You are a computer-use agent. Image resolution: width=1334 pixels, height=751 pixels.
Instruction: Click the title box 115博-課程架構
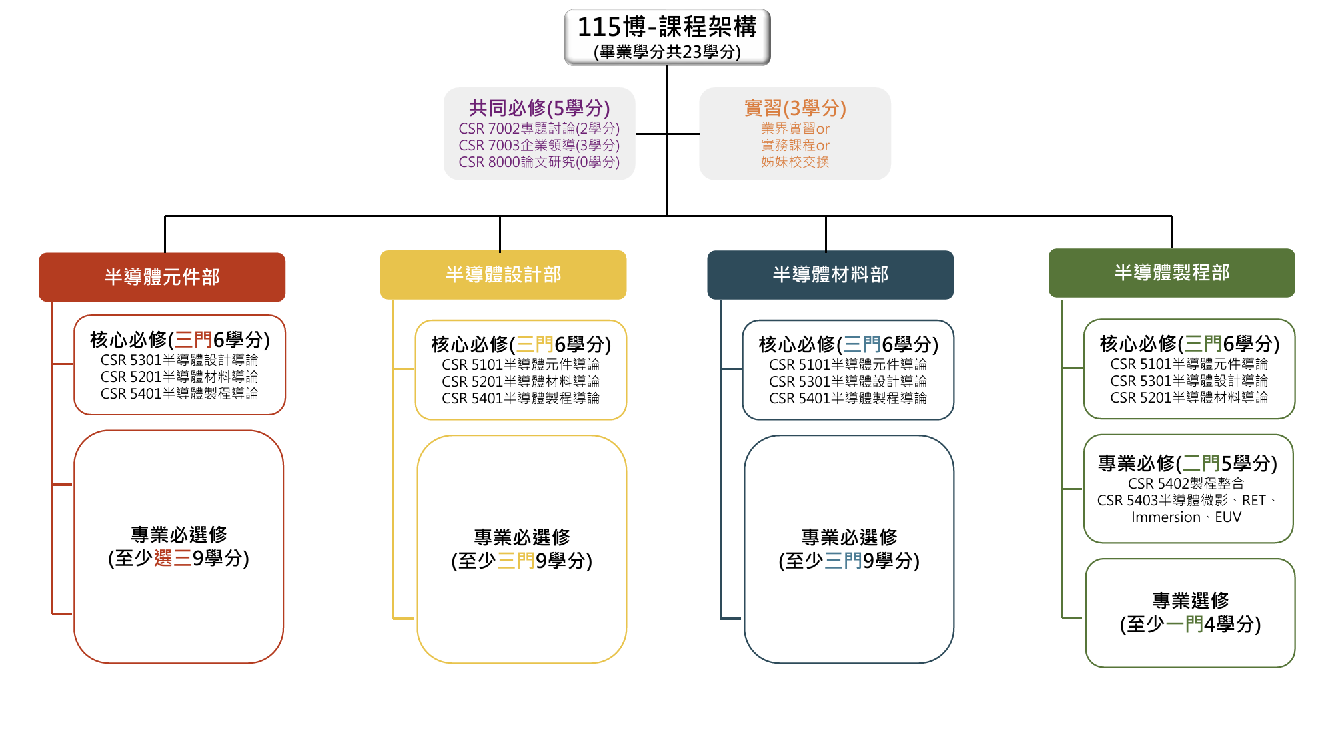(667, 37)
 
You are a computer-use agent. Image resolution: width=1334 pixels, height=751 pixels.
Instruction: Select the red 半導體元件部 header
(162, 277)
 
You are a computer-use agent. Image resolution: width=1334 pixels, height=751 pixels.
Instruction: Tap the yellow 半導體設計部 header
(503, 274)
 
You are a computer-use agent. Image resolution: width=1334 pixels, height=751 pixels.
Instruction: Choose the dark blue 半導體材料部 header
(830, 274)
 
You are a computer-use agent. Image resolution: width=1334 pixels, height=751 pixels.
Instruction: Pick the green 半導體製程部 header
(1172, 272)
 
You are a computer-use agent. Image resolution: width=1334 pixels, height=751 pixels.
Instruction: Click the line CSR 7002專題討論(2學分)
(539, 128)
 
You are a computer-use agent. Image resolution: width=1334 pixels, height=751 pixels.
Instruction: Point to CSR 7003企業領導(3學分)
(539, 145)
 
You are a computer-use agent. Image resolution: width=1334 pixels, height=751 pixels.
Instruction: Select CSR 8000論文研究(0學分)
(539, 162)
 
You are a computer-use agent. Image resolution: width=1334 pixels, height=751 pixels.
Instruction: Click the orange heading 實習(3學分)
(795, 108)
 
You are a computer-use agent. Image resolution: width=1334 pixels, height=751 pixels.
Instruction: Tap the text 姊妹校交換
(795, 162)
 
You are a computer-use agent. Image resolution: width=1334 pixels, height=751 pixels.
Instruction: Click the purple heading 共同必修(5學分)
(539, 108)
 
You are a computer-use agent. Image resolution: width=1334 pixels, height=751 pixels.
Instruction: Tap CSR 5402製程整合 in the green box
(1186, 483)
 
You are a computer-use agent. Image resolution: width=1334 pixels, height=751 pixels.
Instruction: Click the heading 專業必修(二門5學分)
(1188, 463)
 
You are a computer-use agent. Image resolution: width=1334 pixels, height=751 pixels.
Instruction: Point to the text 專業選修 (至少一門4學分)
(1191, 612)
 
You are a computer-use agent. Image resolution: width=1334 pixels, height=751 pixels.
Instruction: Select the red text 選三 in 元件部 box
(173, 558)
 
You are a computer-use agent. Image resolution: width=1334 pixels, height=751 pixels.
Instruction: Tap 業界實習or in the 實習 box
(795, 128)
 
